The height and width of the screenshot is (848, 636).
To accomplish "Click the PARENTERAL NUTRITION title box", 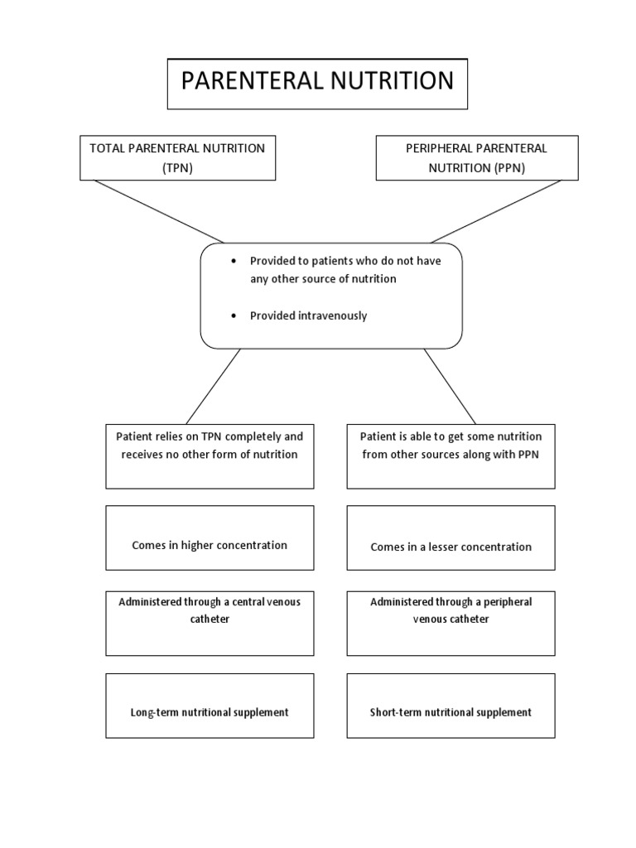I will click(317, 84).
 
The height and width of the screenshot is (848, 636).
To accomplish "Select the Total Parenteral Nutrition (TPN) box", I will click(177, 157).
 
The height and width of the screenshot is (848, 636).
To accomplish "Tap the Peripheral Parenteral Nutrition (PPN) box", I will click(476, 157).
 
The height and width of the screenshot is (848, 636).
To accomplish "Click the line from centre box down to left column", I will click(214, 386).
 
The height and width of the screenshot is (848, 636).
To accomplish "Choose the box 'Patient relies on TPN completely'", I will click(210, 455).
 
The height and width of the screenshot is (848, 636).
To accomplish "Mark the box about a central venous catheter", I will click(210, 622).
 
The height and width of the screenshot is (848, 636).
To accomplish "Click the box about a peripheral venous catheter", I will click(450, 622).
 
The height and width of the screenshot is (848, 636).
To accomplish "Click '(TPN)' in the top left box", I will click(177, 166).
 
